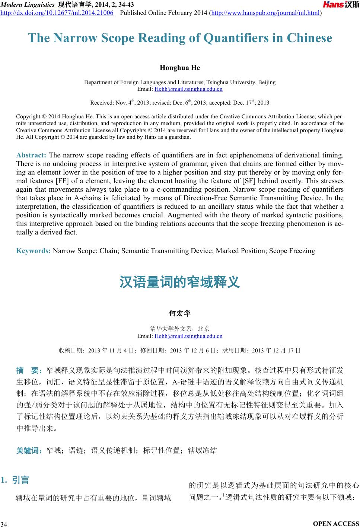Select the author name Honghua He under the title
pos(180,68)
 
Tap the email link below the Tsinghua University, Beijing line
pos(188,89)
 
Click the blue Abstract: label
pos(31,155)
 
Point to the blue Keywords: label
pos(34,251)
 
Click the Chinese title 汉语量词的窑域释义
pos(180,282)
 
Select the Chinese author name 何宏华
pos(180,313)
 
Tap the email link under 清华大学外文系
pos(188,336)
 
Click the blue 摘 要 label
pos(31,371)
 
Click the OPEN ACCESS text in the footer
pos(337,523)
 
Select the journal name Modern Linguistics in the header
pos(28,4)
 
